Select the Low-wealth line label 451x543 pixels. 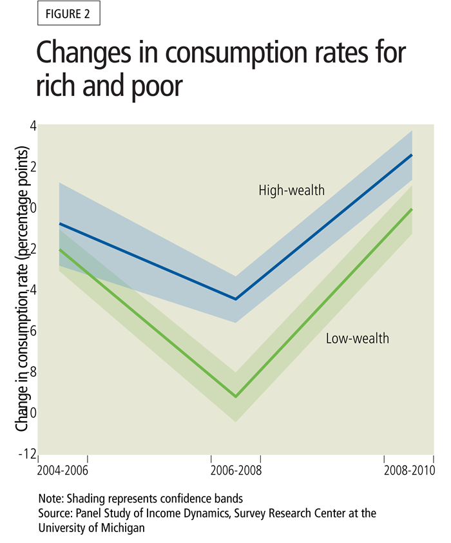[357, 338]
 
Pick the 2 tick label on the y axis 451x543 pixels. [32, 167]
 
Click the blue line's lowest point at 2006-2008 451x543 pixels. [236, 299]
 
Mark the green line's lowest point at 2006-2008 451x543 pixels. [236, 397]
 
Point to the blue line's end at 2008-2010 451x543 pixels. [412, 155]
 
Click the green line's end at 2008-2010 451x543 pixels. [412, 209]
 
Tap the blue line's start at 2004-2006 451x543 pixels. [59, 224]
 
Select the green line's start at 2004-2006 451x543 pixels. [59, 250]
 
